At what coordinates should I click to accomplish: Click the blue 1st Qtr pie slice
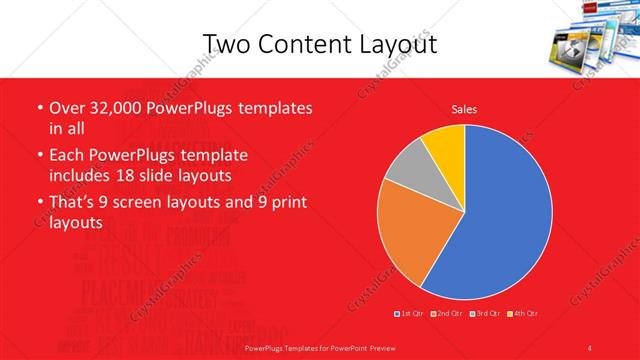500,210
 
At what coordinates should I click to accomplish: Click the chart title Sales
464,108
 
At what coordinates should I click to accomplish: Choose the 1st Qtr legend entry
409,314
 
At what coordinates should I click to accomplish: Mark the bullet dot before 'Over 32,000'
38,108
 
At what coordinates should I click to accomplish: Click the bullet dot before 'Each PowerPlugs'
38,157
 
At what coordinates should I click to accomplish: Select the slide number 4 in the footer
590,347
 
